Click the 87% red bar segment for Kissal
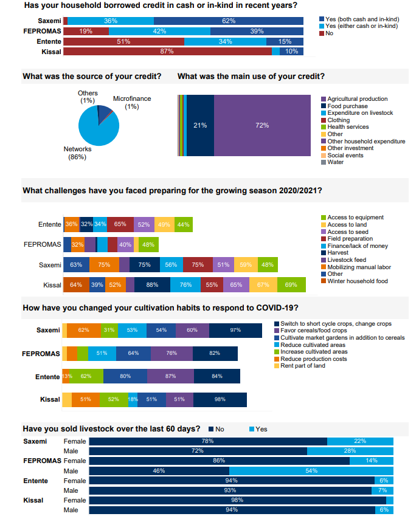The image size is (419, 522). [x=167, y=52]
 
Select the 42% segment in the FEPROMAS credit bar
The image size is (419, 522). [x=159, y=31]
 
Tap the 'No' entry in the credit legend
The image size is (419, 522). [x=328, y=33]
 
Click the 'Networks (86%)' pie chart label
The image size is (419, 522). [x=77, y=153]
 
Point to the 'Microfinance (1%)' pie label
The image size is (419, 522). [x=131, y=103]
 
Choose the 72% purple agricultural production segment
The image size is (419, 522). [x=262, y=126]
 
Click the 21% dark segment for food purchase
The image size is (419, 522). [x=200, y=126]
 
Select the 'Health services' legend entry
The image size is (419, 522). [x=347, y=127]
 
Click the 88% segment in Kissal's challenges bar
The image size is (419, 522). [x=152, y=285]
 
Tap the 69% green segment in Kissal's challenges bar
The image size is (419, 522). [x=291, y=285]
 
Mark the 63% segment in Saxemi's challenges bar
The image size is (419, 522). [x=76, y=265]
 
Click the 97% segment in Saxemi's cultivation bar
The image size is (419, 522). [x=235, y=330]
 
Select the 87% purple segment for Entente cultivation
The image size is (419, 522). [x=170, y=376]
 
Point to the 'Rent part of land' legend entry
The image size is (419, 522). [x=302, y=366]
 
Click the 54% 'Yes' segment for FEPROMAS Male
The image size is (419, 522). [x=311, y=471]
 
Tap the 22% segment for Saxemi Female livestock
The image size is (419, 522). [x=360, y=441]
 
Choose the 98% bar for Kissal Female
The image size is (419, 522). [x=237, y=500]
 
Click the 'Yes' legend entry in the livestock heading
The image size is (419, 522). [x=261, y=429]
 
